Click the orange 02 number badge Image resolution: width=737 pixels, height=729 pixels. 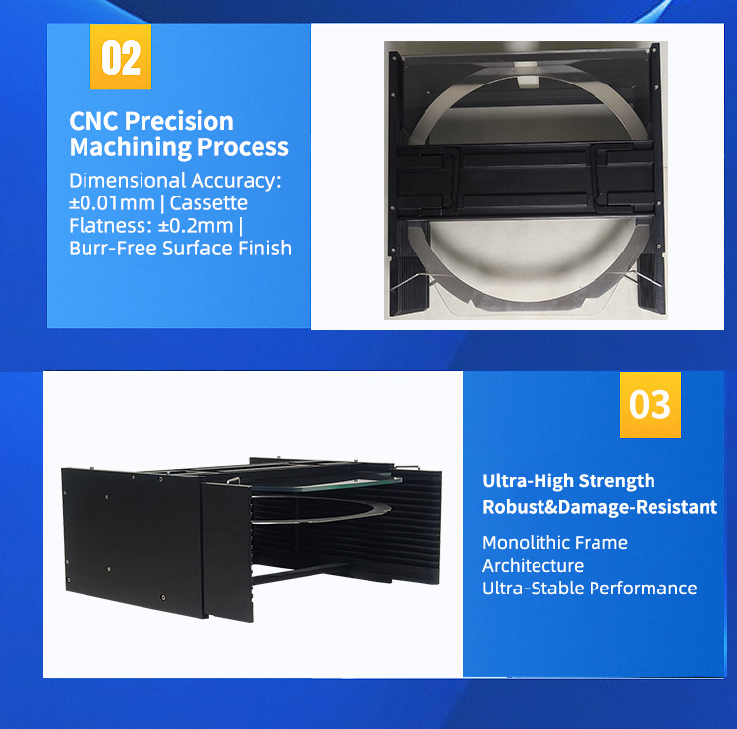point(121,58)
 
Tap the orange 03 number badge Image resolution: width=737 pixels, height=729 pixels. point(650,405)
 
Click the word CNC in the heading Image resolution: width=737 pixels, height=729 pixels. point(94,122)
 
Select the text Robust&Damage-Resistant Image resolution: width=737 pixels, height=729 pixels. point(599,508)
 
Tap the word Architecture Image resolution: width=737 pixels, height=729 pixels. point(533,566)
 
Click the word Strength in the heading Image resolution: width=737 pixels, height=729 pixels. point(616,481)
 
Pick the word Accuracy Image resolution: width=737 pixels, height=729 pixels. point(235,181)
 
